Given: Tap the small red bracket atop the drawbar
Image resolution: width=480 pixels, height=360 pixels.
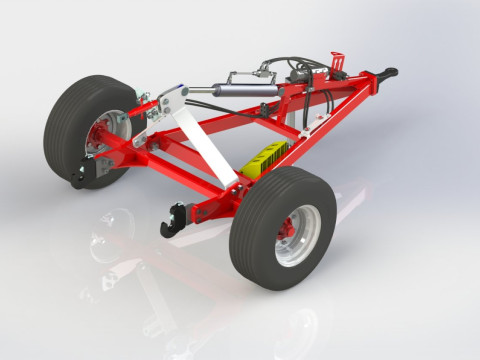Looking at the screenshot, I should pos(337,58).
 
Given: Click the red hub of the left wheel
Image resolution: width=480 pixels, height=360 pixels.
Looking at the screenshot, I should pos(101,141).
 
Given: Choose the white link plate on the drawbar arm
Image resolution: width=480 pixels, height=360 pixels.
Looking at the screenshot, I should pos(311,119).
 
